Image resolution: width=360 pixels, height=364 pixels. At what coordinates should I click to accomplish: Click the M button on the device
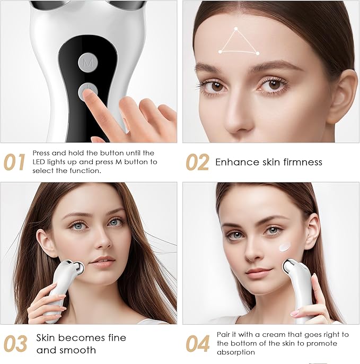point(87,62)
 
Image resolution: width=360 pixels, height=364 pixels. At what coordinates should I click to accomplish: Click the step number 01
point(14,162)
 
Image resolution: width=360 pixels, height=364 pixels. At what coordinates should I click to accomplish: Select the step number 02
point(197,162)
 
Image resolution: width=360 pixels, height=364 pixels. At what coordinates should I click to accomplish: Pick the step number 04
point(198,344)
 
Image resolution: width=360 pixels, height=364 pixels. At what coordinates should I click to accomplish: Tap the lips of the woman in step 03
point(102,260)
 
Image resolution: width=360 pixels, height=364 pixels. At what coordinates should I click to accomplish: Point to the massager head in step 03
point(78,268)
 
